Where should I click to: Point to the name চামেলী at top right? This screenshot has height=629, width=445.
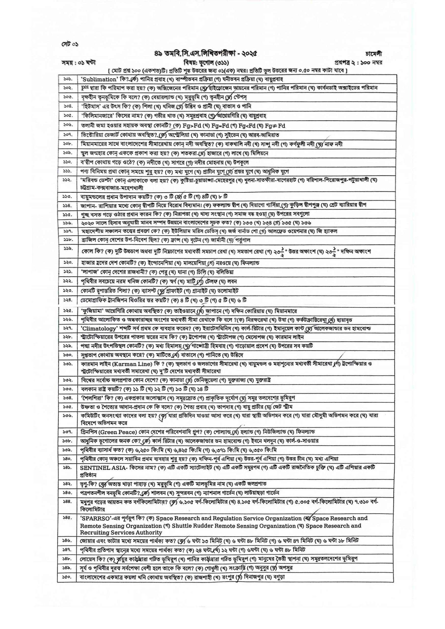pyautogui.click(x=374, y=54)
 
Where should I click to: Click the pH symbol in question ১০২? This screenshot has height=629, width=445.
pyautogui.click(x=84, y=88)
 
